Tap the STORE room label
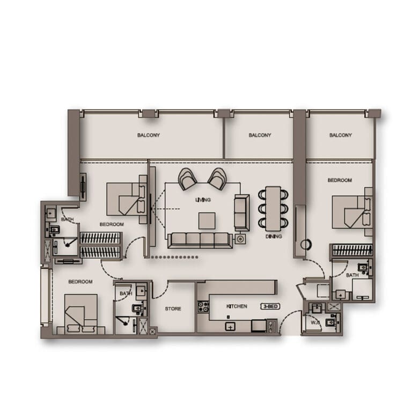click(x=173, y=309)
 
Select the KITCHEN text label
click(x=237, y=306)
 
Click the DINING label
click(x=274, y=236)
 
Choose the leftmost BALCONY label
click(x=148, y=135)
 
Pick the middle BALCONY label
click(x=260, y=135)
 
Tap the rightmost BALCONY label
click(x=341, y=135)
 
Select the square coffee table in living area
click(x=207, y=220)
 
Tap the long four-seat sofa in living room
click(x=199, y=240)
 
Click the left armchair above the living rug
click(x=188, y=179)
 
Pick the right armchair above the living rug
click(x=217, y=179)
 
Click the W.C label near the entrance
click(x=313, y=322)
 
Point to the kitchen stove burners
click(x=203, y=307)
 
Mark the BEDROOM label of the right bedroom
click(x=340, y=180)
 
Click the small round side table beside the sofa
click(x=240, y=239)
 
